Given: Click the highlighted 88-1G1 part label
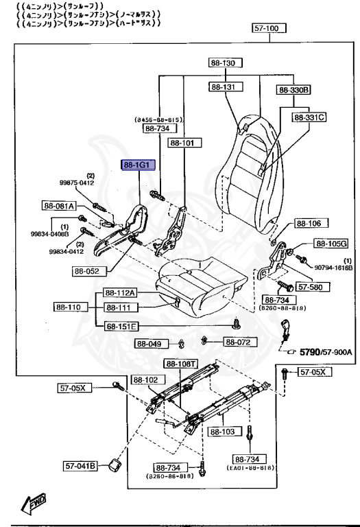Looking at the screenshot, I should click(x=139, y=165).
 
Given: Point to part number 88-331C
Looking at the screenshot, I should click(x=309, y=117).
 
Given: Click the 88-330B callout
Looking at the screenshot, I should click(x=294, y=90).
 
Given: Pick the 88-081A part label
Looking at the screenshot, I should click(x=59, y=205).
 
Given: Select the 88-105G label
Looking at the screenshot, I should click(x=331, y=244).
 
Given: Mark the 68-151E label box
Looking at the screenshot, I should click(x=121, y=326).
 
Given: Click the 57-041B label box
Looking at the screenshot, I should click(x=81, y=466).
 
